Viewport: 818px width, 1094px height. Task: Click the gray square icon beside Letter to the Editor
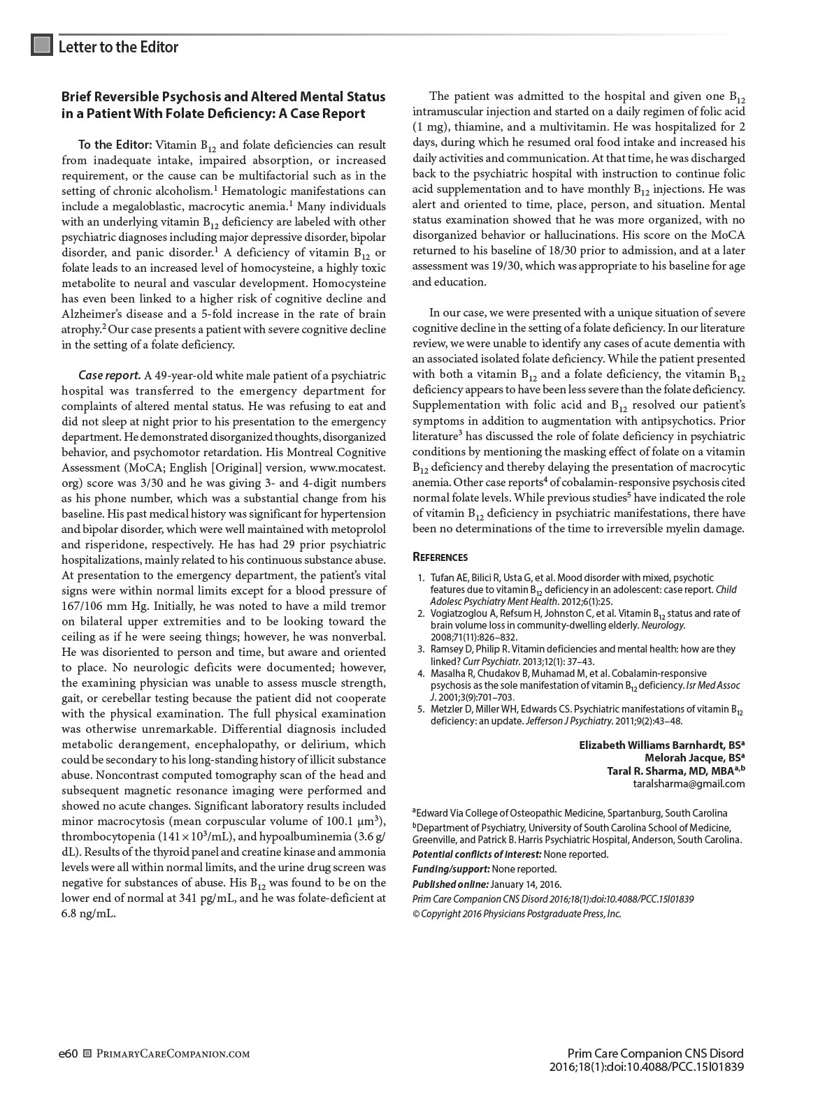[42, 45]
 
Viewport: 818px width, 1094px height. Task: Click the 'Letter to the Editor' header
[118, 47]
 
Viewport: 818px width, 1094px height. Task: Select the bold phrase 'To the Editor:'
[115, 145]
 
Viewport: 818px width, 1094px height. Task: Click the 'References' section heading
[440, 557]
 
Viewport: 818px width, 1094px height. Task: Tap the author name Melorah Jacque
[689, 757]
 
